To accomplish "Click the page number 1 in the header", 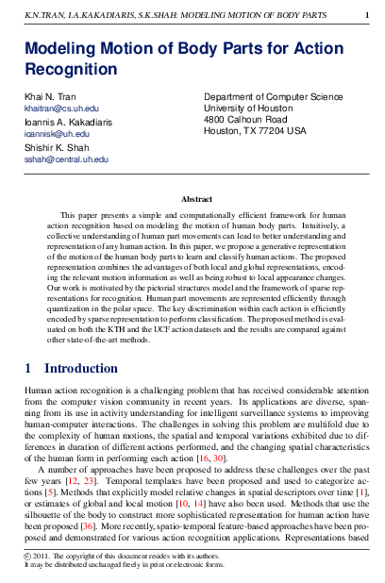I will (366, 14).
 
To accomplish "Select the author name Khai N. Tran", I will (51, 98).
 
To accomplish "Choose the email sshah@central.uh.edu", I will (66, 159).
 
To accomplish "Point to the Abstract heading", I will (196, 199).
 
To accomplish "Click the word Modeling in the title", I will (62, 50).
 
